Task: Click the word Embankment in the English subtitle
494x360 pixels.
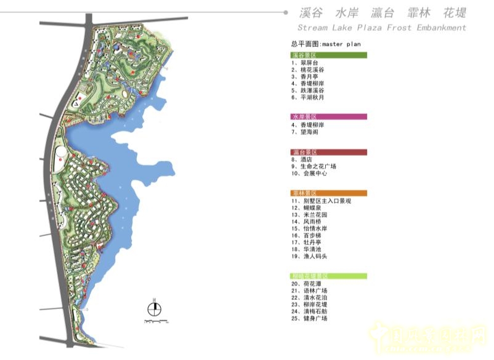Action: point(442,28)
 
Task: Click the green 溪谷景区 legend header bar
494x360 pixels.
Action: point(329,55)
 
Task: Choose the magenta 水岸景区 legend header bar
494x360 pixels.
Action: point(329,116)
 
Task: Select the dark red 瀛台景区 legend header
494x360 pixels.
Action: point(329,152)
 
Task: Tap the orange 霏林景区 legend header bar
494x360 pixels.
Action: point(329,193)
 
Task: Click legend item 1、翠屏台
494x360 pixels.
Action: point(304,63)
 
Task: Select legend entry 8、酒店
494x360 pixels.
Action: point(302,159)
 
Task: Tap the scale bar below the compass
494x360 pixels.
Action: point(156,321)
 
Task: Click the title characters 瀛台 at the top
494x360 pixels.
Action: point(383,13)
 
